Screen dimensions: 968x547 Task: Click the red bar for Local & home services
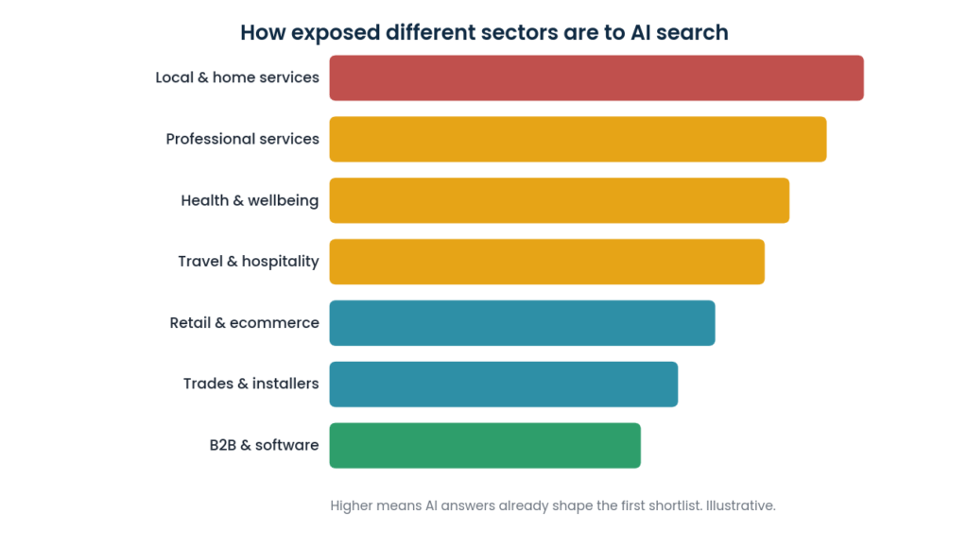pos(596,77)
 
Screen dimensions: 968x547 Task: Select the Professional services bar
pos(578,140)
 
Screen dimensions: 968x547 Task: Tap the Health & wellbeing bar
pos(560,200)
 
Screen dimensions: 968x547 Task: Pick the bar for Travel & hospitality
pos(547,262)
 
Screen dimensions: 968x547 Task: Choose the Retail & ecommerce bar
pos(522,323)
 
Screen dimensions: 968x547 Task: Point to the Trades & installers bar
pos(504,385)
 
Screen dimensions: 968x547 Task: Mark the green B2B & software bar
pos(485,445)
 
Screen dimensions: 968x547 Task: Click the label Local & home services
pos(237,77)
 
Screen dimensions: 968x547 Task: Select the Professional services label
pos(243,139)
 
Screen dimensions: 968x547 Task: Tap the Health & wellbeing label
pos(250,200)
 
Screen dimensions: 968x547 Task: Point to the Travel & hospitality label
pos(249,262)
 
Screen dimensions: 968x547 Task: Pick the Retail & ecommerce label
pos(245,322)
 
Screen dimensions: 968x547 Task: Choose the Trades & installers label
pos(251,384)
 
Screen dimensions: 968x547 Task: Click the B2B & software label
pos(265,445)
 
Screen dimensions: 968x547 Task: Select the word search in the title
pos(692,33)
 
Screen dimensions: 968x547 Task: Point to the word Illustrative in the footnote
pos(741,505)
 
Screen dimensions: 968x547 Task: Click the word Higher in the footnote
pos(351,506)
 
